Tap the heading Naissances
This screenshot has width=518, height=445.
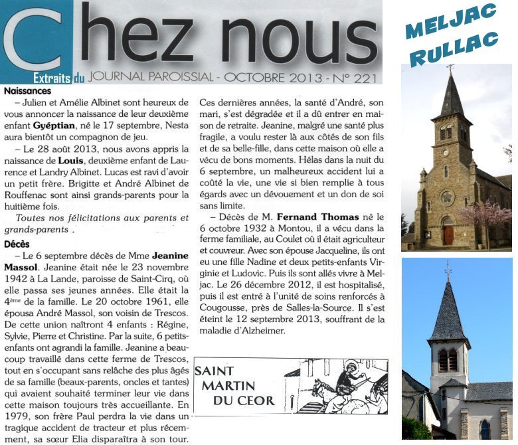(x=27, y=91)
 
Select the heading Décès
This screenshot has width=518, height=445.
(x=17, y=244)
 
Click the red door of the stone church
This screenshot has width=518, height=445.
(x=448, y=234)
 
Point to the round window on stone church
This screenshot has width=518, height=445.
(x=448, y=198)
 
